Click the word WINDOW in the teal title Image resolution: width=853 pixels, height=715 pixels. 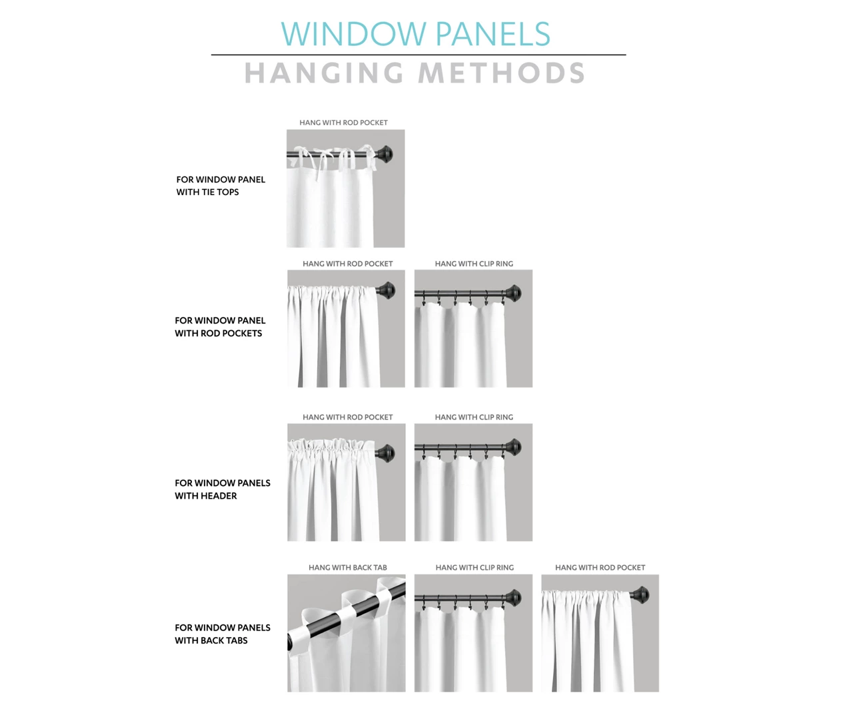(354, 34)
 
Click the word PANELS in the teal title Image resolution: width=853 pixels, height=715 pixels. (493, 34)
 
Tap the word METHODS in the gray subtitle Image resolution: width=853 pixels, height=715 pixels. (502, 73)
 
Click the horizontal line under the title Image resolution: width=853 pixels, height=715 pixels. (419, 55)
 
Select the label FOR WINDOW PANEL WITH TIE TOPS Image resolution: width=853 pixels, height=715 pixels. (221, 186)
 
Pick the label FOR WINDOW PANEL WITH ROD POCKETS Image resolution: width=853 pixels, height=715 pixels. (220, 327)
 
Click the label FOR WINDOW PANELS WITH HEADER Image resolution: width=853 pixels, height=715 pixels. (222, 489)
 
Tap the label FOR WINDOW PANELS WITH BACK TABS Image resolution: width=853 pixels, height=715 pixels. (222, 634)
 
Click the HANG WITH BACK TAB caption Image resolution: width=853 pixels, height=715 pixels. (348, 567)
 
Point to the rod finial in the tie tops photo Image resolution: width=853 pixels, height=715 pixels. (384, 154)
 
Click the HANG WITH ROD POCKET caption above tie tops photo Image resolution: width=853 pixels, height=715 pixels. (344, 122)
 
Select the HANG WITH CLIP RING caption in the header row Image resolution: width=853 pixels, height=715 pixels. (474, 417)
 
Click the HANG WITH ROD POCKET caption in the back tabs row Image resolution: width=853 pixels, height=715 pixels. (600, 567)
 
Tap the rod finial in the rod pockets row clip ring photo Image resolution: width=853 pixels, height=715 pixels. (512, 293)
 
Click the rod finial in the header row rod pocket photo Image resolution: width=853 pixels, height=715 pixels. (385, 453)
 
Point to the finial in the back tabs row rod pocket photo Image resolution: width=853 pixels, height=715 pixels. (639, 595)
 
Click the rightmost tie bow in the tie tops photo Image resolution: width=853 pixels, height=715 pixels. (369, 156)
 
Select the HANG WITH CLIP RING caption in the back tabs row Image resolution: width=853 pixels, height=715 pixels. (474, 567)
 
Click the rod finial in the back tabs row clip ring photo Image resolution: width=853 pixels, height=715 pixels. (512, 598)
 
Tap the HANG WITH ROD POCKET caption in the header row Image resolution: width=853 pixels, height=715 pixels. (348, 417)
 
